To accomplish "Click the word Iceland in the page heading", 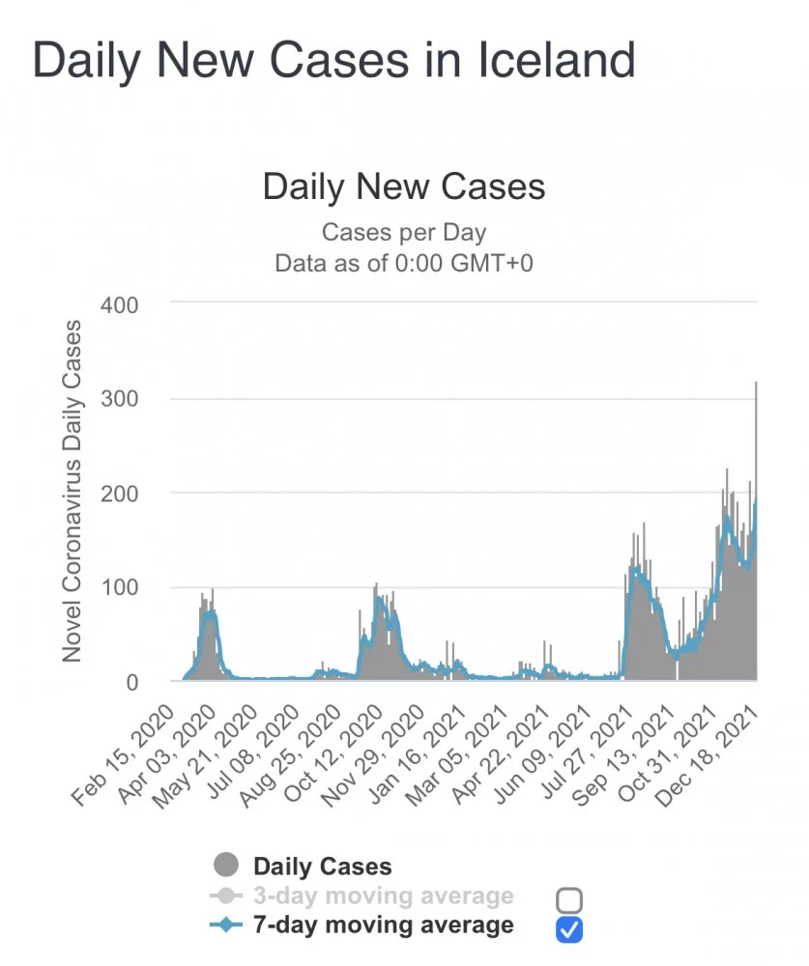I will click(557, 60).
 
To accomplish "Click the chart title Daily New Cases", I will click(404, 186).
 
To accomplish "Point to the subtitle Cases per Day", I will click(404, 233).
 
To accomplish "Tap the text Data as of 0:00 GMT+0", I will click(404, 263).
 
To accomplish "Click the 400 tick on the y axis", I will click(121, 304).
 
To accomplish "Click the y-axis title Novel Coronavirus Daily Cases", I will click(72, 491).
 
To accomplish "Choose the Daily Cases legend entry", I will click(322, 867).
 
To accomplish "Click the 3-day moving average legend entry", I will click(383, 896).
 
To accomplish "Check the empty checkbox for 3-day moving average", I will click(569, 900).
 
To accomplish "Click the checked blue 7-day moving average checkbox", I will click(569, 929).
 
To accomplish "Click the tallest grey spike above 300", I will click(756, 406).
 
